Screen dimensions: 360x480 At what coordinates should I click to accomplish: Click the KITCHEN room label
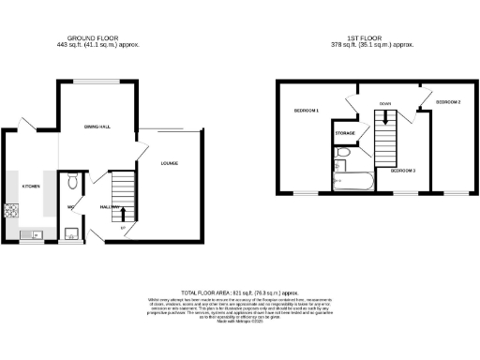tap(31, 187)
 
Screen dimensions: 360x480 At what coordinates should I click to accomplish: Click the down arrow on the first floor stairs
tap(383, 118)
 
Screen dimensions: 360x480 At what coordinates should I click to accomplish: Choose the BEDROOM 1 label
tap(306, 112)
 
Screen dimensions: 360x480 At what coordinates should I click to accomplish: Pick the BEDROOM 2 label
tap(447, 101)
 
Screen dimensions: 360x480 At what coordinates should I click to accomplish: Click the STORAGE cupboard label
tap(344, 134)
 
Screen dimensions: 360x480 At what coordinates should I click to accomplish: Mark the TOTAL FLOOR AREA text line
tap(239, 293)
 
